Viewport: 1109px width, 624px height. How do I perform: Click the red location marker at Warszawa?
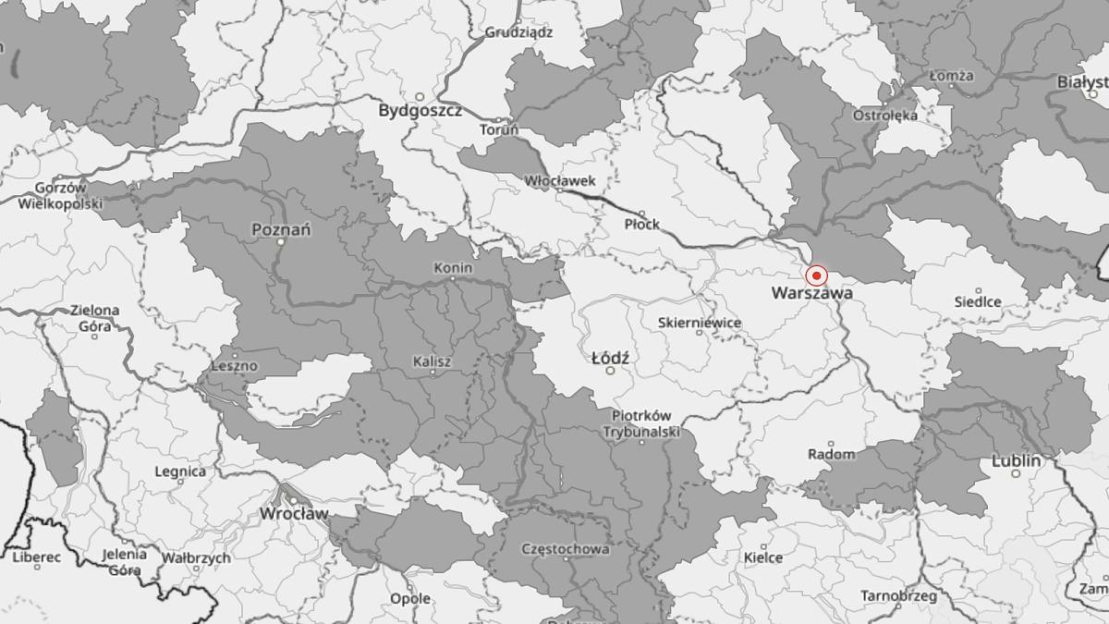(x=816, y=275)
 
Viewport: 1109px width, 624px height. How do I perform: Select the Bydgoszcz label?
(x=420, y=111)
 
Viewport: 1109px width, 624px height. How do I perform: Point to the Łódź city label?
(x=609, y=356)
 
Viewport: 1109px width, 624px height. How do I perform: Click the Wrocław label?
(x=293, y=513)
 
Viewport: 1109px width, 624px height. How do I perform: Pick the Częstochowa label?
(x=566, y=548)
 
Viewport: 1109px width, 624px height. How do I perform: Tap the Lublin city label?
(x=1016, y=460)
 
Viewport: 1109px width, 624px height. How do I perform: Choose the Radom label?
(x=831, y=454)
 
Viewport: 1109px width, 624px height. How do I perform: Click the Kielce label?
(x=763, y=557)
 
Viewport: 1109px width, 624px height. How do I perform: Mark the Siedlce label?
(x=979, y=301)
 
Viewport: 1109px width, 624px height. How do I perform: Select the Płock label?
(x=642, y=224)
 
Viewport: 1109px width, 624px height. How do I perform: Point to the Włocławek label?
(x=559, y=180)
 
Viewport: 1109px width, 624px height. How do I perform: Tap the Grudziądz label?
(x=519, y=31)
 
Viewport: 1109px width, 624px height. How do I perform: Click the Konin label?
(x=453, y=268)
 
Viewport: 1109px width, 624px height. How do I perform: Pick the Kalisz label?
(x=433, y=361)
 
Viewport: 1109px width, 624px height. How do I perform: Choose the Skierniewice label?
(x=700, y=324)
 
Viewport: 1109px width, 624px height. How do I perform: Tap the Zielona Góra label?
(x=95, y=317)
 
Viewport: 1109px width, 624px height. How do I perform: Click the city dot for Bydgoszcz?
(x=419, y=96)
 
